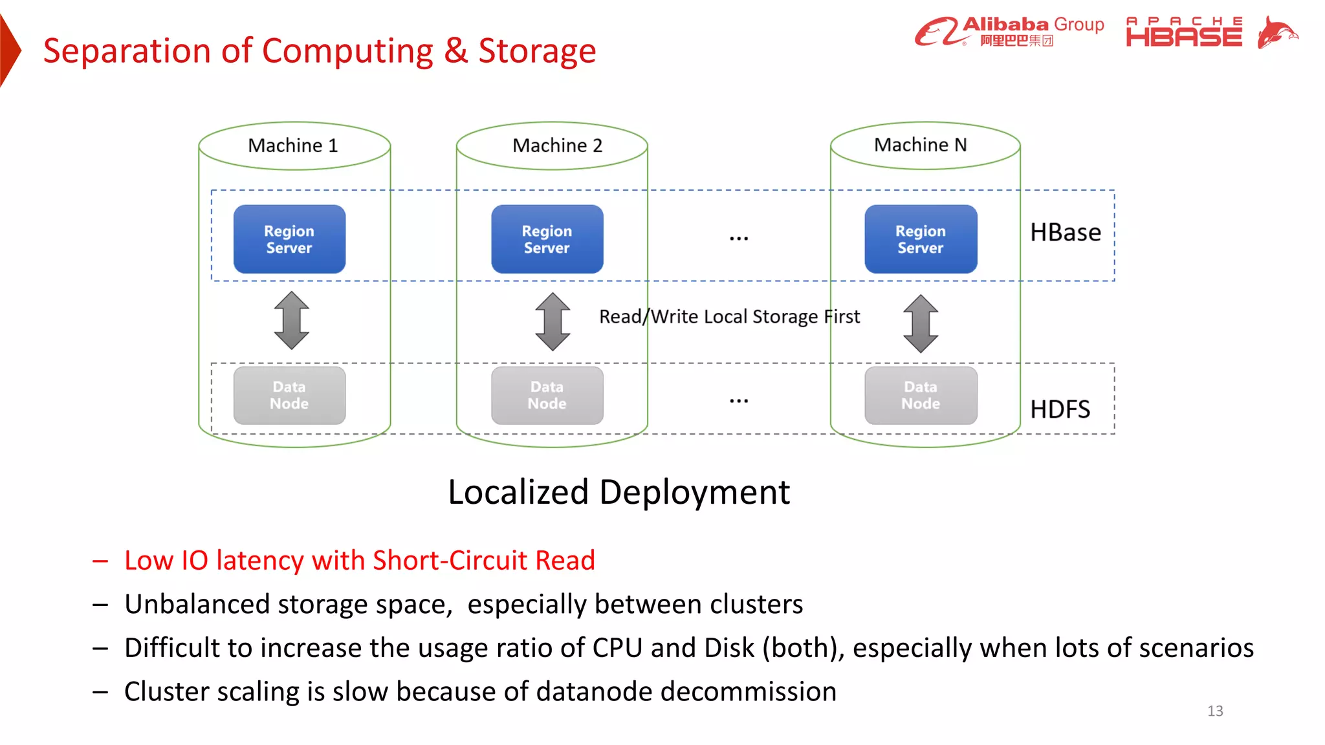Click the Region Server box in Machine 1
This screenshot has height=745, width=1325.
point(289,239)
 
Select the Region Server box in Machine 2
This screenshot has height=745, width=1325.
point(547,239)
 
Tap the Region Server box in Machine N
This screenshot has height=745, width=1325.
point(921,239)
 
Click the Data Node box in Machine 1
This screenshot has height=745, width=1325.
point(289,395)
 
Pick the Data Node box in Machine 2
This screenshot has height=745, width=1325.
point(547,395)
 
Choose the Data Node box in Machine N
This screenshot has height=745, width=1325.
point(921,395)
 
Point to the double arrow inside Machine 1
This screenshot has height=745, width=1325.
point(291,320)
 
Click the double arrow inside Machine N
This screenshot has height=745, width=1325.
point(921,323)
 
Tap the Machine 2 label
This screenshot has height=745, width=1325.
point(557,146)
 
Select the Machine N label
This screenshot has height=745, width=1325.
point(920,145)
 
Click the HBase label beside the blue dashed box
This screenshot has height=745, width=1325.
point(1065,232)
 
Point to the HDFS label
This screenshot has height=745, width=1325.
point(1060,409)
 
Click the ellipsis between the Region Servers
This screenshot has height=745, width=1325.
point(738,239)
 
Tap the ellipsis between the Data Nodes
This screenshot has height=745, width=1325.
point(738,401)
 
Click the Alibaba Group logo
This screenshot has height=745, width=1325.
point(1009,32)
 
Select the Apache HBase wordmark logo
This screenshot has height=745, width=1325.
point(1183,32)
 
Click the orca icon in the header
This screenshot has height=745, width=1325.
point(1277,32)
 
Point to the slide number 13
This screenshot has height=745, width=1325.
point(1215,711)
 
